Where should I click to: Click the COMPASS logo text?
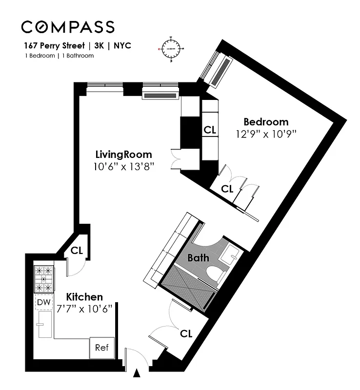[x=68, y=27]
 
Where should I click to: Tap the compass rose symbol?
[x=171, y=49]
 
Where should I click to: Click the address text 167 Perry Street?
[x=54, y=46]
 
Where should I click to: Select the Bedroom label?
[x=266, y=122]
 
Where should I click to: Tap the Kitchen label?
[x=84, y=297]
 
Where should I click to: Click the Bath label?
[x=199, y=257]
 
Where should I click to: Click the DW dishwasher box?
[x=43, y=302]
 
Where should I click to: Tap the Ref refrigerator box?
[x=101, y=348]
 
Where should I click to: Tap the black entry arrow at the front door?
[x=137, y=374]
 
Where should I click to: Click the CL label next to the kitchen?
[x=76, y=251]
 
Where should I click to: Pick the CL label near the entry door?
[x=186, y=334]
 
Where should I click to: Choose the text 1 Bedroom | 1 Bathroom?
[x=59, y=56]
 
